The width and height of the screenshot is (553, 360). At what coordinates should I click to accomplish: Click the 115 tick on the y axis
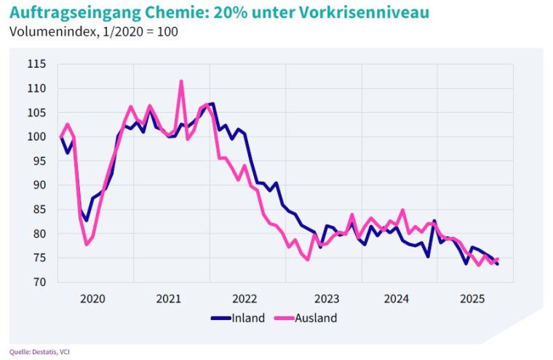[x=36, y=64]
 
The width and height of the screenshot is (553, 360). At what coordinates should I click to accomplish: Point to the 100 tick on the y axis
[x=36, y=137]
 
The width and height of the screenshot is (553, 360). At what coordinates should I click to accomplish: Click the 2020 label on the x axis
[x=92, y=298]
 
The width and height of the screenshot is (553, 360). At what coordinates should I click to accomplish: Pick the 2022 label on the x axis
[x=244, y=298]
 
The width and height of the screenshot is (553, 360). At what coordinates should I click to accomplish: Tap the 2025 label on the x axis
[x=472, y=298]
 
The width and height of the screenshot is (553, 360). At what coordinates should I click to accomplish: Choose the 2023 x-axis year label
[x=321, y=298]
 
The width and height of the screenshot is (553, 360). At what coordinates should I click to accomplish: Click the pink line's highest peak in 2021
[x=181, y=81]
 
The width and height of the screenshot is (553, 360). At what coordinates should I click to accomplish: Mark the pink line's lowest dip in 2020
[x=87, y=244]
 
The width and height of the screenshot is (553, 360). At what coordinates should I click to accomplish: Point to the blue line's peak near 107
[x=212, y=103]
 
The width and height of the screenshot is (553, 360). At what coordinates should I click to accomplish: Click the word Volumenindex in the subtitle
[x=44, y=31]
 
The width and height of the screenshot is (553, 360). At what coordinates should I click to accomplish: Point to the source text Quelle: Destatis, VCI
[x=39, y=352]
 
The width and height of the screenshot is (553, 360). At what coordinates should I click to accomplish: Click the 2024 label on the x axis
[x=397, y=298]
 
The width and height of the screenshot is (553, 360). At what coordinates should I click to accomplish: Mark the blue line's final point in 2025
[x=498, y=264]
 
